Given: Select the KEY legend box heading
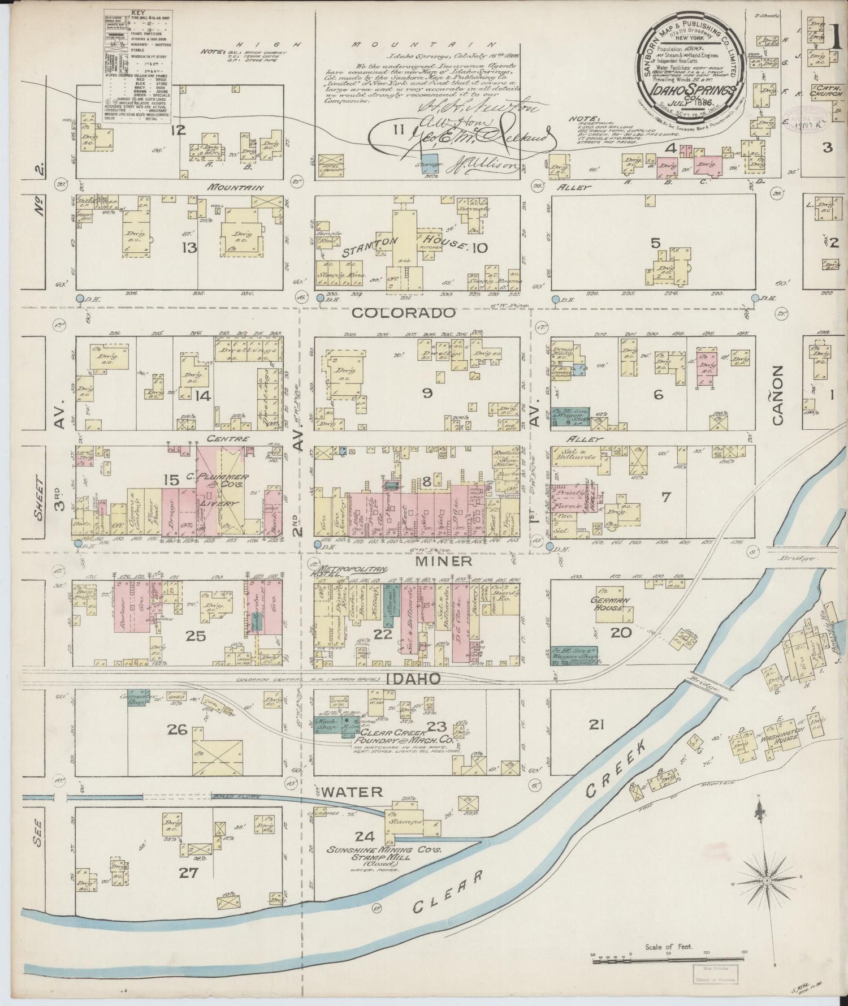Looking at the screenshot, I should (x=137, y=11).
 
